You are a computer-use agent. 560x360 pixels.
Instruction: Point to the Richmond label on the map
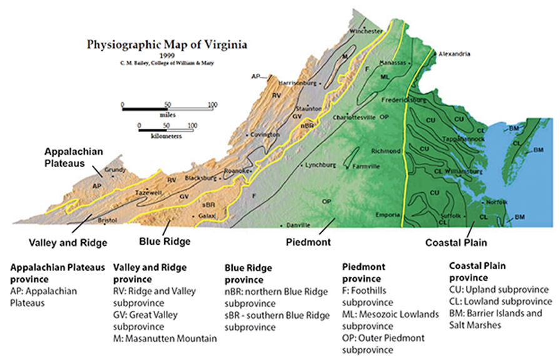(385, 151)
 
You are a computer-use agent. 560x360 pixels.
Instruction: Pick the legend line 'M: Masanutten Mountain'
(163, 339)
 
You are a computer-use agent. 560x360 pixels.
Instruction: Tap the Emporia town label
(387, 215)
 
